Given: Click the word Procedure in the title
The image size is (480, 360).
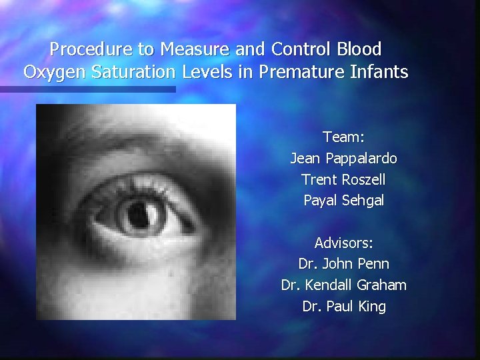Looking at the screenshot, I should [82, 49].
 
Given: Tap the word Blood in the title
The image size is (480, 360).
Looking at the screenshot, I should [359, 49].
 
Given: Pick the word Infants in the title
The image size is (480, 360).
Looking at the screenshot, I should [379, 72].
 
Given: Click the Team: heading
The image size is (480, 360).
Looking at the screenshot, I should [343, 137].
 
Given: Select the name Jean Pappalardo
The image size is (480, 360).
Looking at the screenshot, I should [343, 159].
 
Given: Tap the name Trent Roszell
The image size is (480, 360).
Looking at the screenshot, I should [343, 179].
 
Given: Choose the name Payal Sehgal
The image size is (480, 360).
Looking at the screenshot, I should [343, 200].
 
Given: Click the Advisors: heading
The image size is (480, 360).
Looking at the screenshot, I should [343, 243].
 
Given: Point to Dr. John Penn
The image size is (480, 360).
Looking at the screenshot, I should [343, 264].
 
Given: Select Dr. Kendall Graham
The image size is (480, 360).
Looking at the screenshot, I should [343, 285].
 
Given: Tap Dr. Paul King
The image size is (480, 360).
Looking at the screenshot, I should [343, 307].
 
